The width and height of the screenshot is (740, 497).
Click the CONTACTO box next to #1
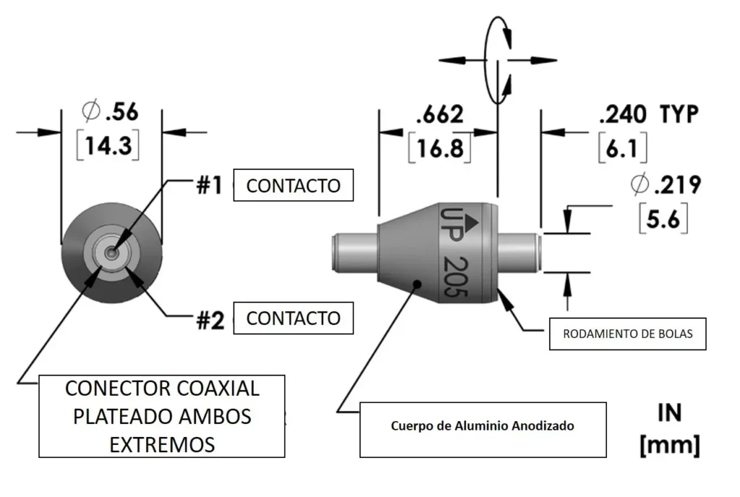coord(293,186)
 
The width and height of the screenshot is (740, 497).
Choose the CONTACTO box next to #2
coord(293,318)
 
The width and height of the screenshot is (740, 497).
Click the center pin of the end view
coord(111,253)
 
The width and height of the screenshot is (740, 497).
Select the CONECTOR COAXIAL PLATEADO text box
coord(162,415)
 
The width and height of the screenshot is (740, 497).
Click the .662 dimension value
coord(439,113)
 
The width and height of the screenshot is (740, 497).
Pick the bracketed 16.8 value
coord(439,149)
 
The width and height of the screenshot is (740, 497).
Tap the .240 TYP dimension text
coord(648,113)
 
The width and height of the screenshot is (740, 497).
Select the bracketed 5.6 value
coord(663,219)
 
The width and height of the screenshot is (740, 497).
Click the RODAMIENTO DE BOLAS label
coord(627,334)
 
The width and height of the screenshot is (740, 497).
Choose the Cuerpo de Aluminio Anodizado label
coord(482,425)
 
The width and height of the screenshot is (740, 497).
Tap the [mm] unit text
coord(669,444)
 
